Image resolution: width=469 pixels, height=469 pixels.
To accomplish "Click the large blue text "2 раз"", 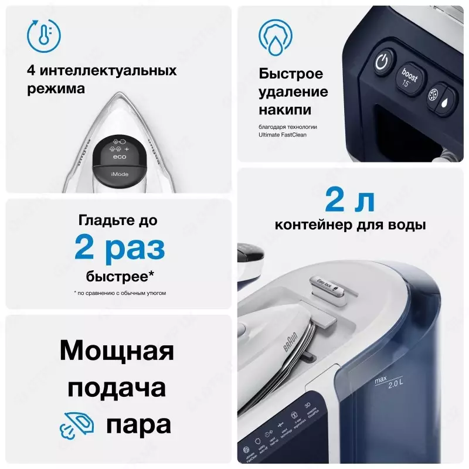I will (120, 249).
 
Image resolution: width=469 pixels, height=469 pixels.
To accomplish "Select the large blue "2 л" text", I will (350, 201).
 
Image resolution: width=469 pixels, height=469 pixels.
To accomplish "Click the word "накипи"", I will (285, 110).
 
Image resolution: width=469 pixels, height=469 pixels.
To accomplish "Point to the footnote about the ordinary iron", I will (120, 292).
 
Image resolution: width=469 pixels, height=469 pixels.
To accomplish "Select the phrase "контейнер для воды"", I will (350, 225).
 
